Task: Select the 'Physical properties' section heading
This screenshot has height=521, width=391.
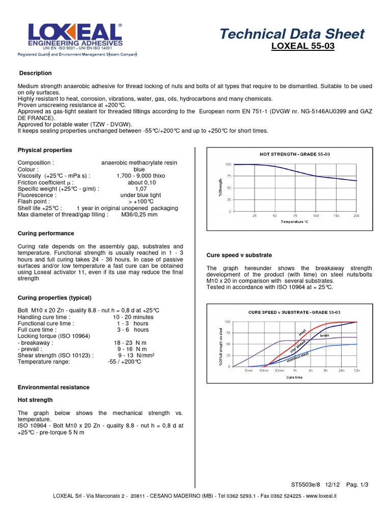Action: [45, 150]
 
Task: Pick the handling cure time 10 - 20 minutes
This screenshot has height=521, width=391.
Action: [133, 317]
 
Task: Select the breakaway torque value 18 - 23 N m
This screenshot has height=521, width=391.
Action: [131, 343]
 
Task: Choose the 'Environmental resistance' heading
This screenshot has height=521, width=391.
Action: [53, 387]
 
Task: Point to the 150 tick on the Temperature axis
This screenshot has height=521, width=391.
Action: [336, 216]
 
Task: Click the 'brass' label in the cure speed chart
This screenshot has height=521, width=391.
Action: [325, 336]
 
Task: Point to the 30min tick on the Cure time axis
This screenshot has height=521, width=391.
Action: [280, 371]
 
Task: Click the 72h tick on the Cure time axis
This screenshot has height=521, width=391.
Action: [357, 371]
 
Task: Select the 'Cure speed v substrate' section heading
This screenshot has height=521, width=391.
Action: [239, 255]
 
